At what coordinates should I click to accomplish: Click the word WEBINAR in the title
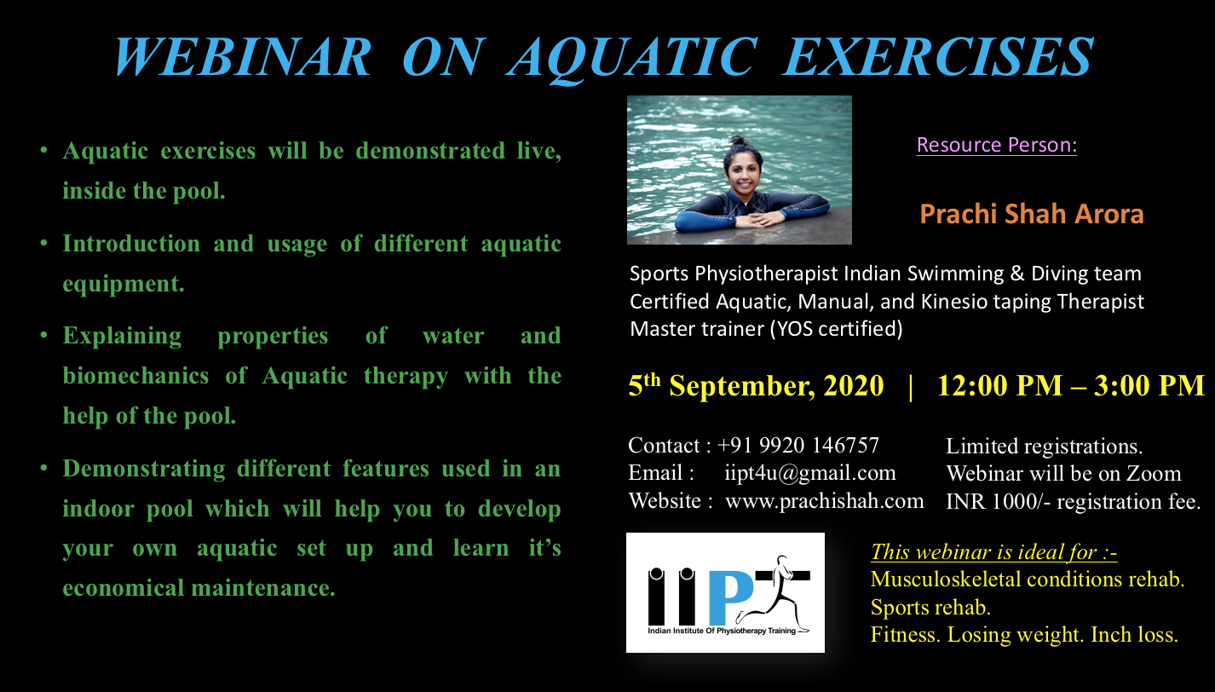click(243, 57)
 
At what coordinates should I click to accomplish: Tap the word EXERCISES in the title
click(938, 57)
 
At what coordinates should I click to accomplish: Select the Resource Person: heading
click(996, 145)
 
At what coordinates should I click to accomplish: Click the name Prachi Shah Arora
click(1032, 214)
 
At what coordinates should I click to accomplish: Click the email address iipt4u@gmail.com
click(809, 473)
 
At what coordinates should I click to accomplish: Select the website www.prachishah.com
click(825, 500)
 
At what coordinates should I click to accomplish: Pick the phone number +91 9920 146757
click(798, 445)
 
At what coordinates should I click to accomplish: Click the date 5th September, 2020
click(756, 385)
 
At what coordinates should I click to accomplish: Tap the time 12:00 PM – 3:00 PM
click(1071, 385)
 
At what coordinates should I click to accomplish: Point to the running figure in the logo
click(773, 593)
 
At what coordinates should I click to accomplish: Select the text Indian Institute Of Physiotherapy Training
click(722, 631)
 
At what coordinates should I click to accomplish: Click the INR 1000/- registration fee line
click(1073, 502)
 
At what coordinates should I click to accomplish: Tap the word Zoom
click(1153, 474)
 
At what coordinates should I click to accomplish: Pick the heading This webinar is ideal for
click(993, 552)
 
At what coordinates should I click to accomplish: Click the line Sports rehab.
click(930, 608)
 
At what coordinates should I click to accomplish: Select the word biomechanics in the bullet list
click(135, 376)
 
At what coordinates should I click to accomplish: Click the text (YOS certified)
click(836, 329)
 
